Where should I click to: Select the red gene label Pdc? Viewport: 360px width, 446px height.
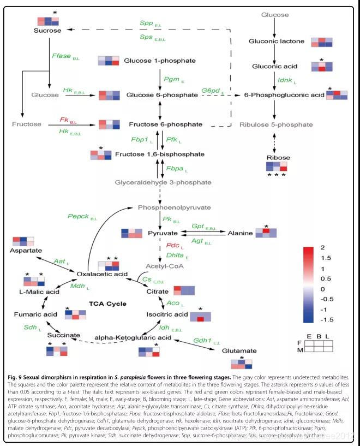click(x=173, y=245)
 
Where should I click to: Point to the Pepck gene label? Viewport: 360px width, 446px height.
click(x=78, y=216)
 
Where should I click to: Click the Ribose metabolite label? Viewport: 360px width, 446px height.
click(x=278, y=158)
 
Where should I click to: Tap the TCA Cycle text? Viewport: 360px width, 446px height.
click(x=108, y=304)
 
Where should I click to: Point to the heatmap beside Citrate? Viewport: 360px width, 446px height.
click(x=184, y=290)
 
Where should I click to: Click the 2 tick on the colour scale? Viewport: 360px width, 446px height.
click(x=323, y=247)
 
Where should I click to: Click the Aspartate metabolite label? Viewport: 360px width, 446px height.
click(x=25, y=250)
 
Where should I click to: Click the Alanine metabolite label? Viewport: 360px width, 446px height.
click(x=241, y=233)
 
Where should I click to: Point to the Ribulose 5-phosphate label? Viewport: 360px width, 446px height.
click(x=277, y=124)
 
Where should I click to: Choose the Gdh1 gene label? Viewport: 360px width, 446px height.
click(x=203, y=341)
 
